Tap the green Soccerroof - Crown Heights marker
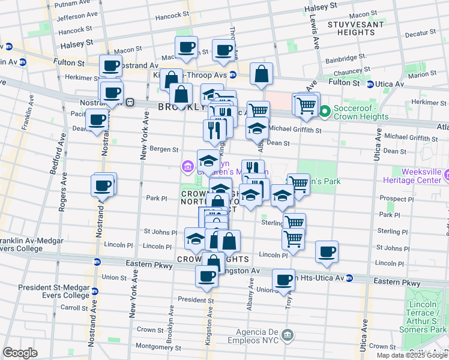(325, 111)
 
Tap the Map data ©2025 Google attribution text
(411, 355)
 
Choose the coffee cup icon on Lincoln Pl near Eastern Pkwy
(327, 252)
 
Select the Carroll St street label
(74, 307)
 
